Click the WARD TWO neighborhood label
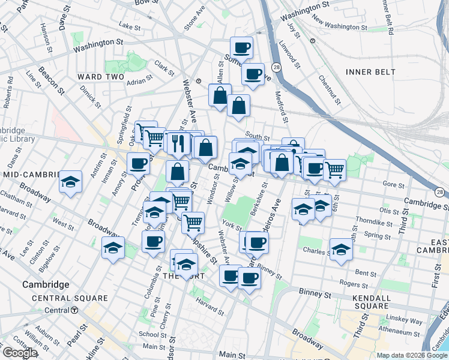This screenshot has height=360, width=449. pyautogui.click(x=100, y=77)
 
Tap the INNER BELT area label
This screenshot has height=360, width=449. pyautogui.click(x=370, y=72)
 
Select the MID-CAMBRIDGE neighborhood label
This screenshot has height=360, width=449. pyautogui.click(x=30, y=174)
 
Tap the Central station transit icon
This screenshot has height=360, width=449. pyautogui.click(x=74, y=310)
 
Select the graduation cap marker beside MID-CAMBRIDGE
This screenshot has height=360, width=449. pyautogui.click(x=70, y=182)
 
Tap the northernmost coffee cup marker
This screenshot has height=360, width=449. pyautogui.click(x=242, y=47)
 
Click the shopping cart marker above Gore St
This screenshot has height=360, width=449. pyautogui.click(x=334, y=169)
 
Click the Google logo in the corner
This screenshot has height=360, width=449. pyautogui.click(x=20, y=353)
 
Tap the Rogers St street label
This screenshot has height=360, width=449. pyautogui.click(x=348, y=282)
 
